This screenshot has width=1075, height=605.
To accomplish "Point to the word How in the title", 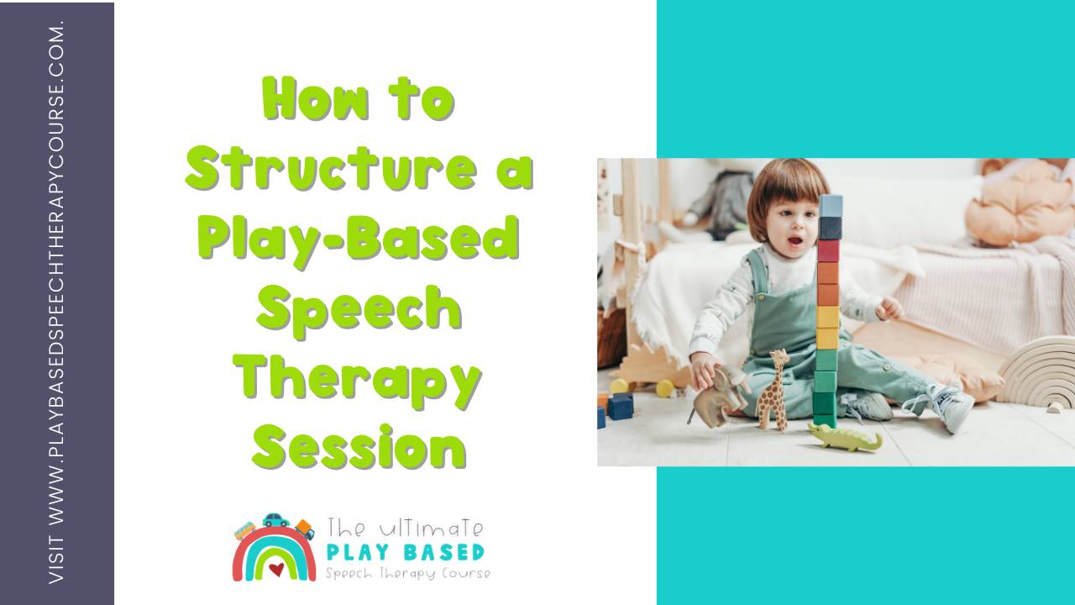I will pos(315,99).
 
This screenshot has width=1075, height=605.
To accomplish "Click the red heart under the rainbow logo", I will pos(275,569).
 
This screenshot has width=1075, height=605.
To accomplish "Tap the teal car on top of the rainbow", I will pos(275,521).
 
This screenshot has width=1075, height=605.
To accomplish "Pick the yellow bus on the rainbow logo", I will pos(245,530).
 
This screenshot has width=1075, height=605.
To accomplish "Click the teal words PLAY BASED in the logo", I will pos(405,552).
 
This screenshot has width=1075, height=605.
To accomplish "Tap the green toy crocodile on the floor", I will pos(844,436).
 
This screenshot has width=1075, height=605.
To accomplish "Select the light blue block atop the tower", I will pos(831,206).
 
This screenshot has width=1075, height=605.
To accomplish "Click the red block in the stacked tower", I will pos(829,250).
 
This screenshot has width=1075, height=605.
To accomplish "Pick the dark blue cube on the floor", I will pos(621,406).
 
